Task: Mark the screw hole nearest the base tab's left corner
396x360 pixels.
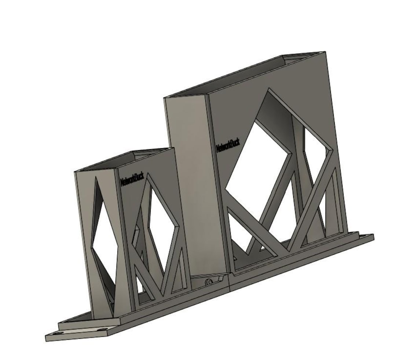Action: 57,334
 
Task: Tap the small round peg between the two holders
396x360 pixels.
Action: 209,282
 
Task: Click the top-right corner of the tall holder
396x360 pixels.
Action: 324,52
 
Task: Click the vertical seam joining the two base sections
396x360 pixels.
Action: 229,283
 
